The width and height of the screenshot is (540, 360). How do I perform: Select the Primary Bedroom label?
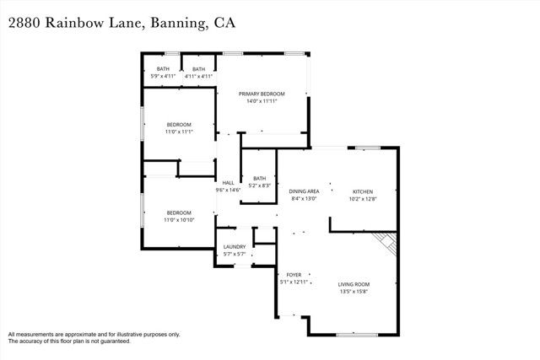[262, 94]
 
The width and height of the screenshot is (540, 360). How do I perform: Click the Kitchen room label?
[362, 191]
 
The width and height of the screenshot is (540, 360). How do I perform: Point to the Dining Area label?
[304, 191]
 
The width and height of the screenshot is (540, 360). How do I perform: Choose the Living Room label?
[354, 284]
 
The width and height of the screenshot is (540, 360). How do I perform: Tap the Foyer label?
[294, 275]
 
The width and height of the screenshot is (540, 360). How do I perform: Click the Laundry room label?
[235, 247]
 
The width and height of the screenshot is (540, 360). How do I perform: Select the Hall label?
[228, 183]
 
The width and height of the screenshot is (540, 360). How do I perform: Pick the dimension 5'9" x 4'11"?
[163, 77]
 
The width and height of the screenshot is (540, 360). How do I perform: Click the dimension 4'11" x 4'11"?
[198, 77]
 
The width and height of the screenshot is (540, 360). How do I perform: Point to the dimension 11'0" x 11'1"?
[179, 132]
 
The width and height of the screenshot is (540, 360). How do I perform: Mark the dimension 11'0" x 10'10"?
[179, 219]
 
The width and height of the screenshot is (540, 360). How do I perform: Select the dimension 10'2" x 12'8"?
[362, 199]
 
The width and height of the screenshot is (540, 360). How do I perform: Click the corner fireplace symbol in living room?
[386, 244]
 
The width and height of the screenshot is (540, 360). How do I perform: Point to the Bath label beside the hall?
[259, 178]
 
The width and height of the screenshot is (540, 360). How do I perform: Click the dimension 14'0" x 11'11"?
[262, 101]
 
